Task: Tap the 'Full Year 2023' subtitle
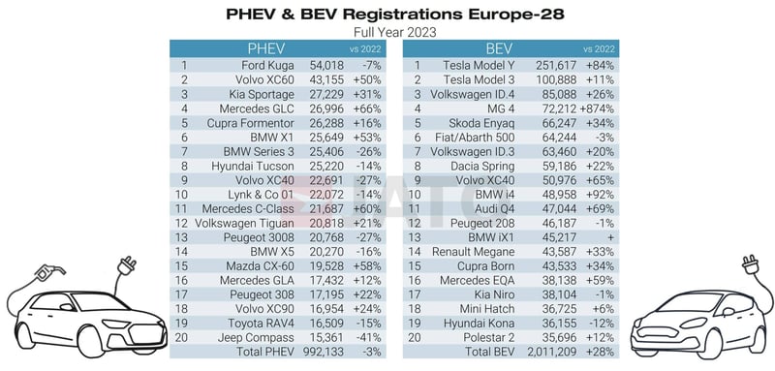pos(387,31)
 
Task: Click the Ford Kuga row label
pos(266,65)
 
